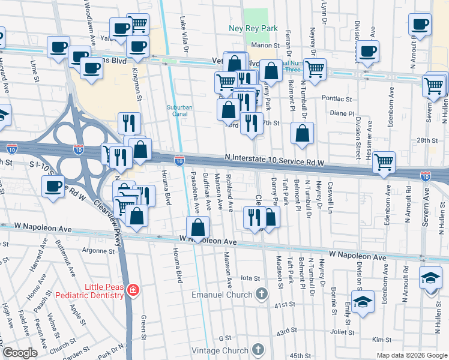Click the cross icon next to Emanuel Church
(261, 294)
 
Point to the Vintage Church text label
(224, 350)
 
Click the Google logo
(19, 353)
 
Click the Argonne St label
(98, 250)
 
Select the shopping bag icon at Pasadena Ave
(198, 228)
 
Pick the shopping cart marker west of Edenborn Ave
(384, 161)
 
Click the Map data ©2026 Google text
(411, 355)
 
